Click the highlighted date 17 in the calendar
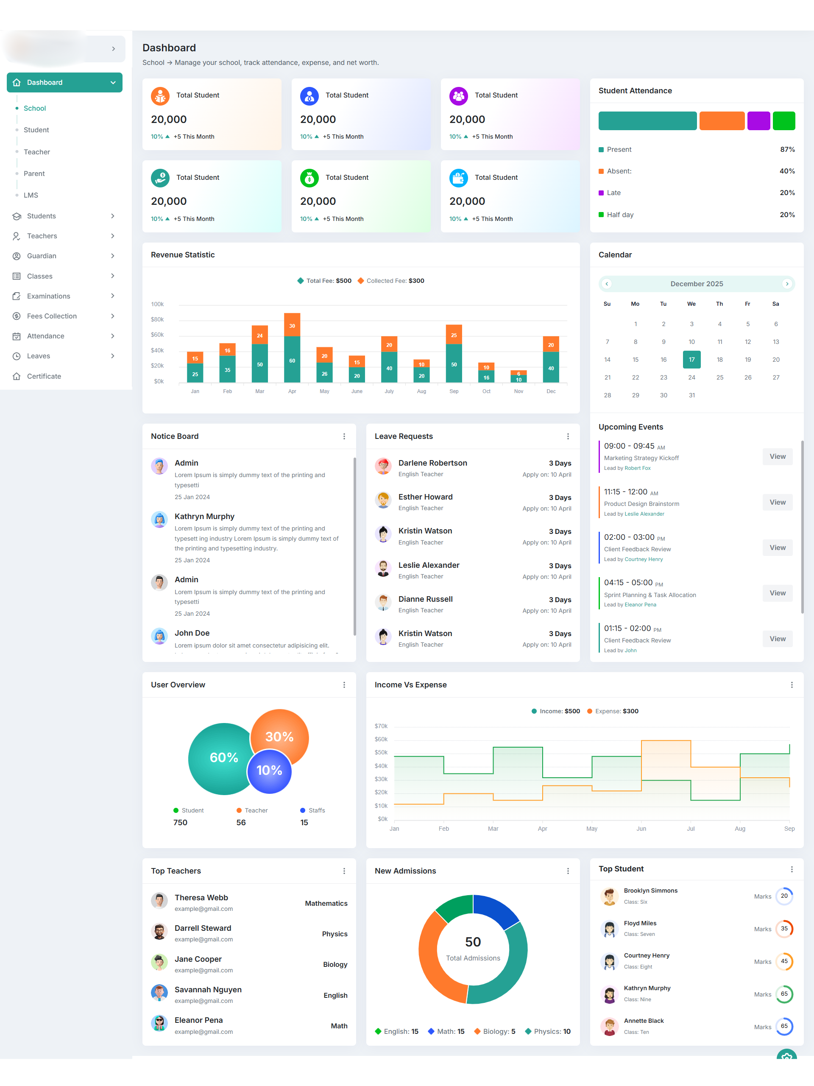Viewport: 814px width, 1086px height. pos(691,359)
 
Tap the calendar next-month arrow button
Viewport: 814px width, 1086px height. pos(786,284)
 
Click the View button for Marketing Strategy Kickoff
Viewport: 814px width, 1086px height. pos(777,457)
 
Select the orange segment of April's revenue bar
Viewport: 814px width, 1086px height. pos(292,325)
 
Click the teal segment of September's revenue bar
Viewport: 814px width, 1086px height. pos(454,364)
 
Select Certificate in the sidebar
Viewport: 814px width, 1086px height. pos(44,376)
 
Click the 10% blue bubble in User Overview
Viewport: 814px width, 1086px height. pos(270,771)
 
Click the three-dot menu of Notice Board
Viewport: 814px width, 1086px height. pos(344,436)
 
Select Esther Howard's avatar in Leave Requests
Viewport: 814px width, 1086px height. pos(383,501)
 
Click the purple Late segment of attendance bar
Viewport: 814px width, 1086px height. pos(758,121)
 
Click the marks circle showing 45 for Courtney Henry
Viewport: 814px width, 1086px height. pos(784,961)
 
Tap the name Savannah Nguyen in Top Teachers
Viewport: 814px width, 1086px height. pos(208,989)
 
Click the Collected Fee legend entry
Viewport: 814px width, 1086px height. pos(391,281)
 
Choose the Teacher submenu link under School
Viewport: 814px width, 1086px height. pos(37,152)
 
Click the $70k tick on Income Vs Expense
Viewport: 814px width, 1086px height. pos(381,726)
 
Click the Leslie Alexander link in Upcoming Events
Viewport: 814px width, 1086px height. pos(644,514)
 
